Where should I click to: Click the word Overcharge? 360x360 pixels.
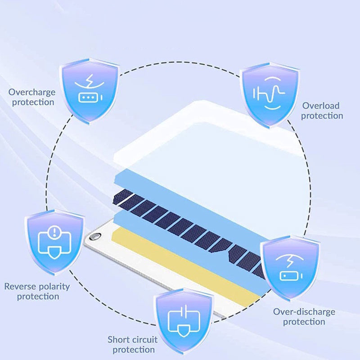(32, 92)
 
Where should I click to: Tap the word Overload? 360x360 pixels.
(321, 106)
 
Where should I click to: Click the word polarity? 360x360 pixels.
(54, 286)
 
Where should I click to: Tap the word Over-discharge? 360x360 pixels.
(304, 311)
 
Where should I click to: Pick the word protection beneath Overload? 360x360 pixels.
(322, 116)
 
